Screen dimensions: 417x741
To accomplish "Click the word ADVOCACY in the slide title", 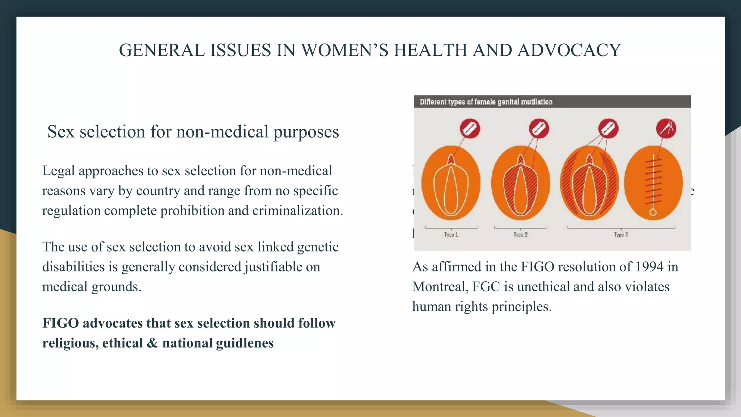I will (x=569, y=50).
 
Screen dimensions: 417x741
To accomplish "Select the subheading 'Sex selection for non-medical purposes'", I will (x=193, y=131).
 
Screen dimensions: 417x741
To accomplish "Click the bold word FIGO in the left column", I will (x=60, y=323).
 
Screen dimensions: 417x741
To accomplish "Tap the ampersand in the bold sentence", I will (x=152, y=343).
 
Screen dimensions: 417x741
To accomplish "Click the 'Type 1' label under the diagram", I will (x=451, y=235).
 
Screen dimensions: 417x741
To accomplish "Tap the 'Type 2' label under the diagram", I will (x=520, y=235).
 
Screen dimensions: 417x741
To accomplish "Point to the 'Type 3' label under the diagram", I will (x=621, y=235).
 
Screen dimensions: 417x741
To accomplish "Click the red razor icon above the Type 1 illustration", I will (x=470, y=129).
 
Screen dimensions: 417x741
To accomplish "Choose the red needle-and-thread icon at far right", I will (x=666, y=129).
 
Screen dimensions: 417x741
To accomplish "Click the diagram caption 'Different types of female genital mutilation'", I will (x=486, y=102).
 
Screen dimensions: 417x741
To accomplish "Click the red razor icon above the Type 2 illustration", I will (x=539, y=129).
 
